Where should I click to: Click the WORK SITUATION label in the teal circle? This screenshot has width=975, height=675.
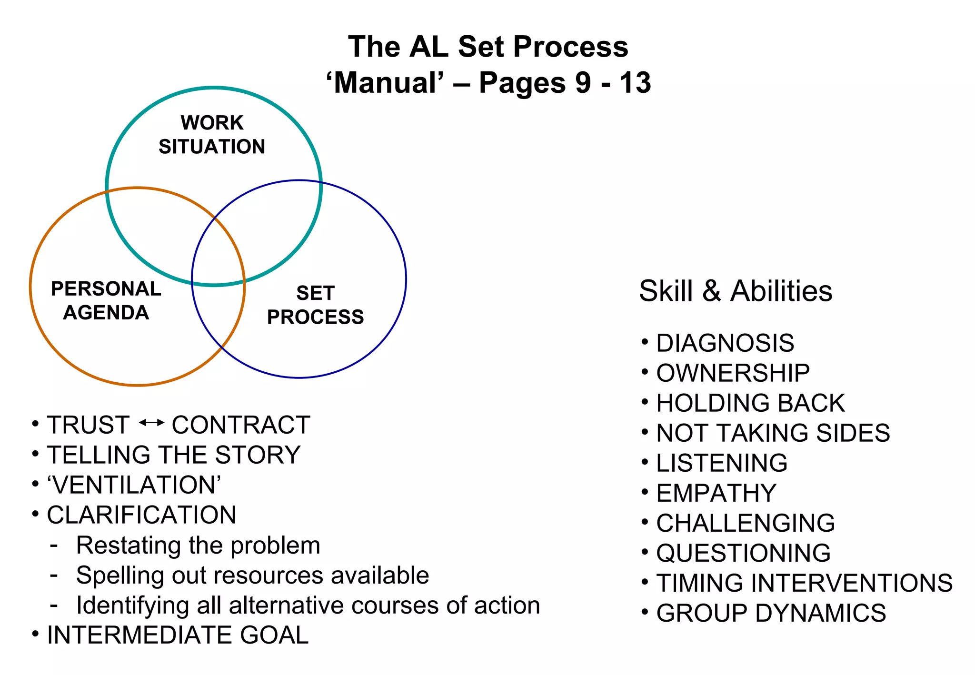pyautogui.click(x=212, y=135)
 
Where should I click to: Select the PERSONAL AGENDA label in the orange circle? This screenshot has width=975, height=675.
pyautogui.click(x=106, y=300)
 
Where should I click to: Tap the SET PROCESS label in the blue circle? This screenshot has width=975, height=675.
pyautogui.click(x=315, y=305)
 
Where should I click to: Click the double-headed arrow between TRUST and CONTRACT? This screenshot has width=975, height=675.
pyautogui.click(x=151, y=422)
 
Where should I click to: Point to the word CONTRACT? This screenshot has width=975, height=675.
pyautogui.click(x=241, y=425)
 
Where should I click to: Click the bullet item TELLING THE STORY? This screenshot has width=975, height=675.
pyautogui.click(x=174, y=455)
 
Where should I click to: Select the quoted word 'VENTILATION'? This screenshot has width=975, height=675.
pyautogui.click(x=134, y=485)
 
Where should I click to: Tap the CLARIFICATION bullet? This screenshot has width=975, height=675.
pyautogui.click(x=141, y=515)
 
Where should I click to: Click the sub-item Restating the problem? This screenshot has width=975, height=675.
pyautogui.click(x=198, y=545)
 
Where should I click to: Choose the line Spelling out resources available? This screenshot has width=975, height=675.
pyautogui.click(x=252, y=575)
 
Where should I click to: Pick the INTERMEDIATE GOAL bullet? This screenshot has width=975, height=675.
pyautogui.click(x=178, y=635)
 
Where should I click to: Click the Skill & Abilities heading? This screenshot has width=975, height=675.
pyautogui.click(x=736, y=291)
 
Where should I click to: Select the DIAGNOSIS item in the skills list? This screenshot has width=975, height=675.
pyautogui.click(x=725, y=343)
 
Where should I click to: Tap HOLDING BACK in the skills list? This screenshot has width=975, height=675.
pyautogui.click(x=750, y=403)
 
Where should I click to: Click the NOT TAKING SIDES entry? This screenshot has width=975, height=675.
pyautogui.click(x=773, y=433)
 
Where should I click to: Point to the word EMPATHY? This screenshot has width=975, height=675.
pyautogui.click(x=716, y=493)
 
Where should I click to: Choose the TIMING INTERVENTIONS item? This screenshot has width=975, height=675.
pyautogui.click(x=804, y=583)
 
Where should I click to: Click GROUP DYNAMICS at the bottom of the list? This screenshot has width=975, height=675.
pyautogui.click(x=771, y=613)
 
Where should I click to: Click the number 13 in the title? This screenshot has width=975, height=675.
pyautogui.click(x=635, y=82)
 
